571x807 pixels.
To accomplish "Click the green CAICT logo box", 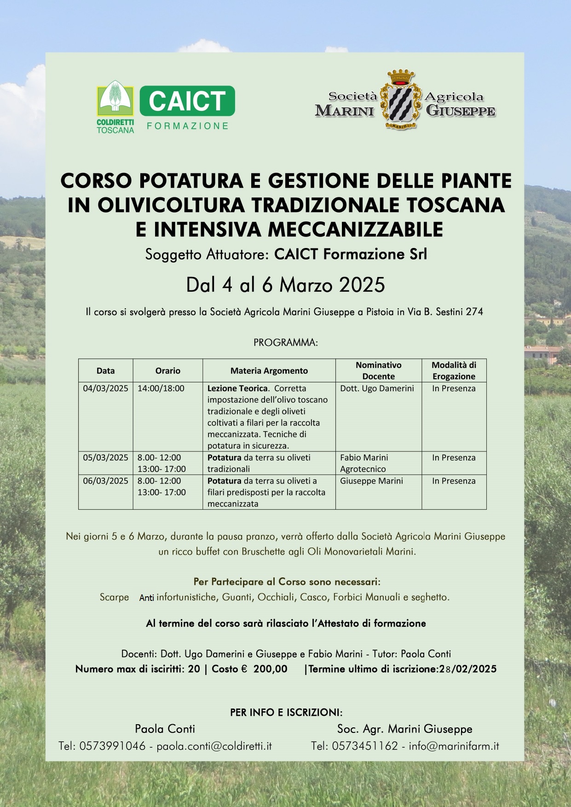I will (x=187, y=101).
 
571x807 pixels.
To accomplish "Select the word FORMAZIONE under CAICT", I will (x=188, y=126).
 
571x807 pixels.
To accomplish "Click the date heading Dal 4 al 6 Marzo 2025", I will (x=285, y=285).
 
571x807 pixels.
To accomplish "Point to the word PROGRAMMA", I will (x=285, y=343).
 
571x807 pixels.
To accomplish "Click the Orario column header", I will (x=167, y=370).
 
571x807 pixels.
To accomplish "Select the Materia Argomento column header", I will (x=269, y=370).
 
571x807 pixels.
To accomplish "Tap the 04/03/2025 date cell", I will (x=105, y=388).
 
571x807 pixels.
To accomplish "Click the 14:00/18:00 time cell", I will (x=161, y=388).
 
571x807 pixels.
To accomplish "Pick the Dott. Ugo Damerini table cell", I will (x=377, y=388).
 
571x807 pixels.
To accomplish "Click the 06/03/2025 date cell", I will (x=105, y=481).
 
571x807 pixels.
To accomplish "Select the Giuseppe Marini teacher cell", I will (x=371, y=481).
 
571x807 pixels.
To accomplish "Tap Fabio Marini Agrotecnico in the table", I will (x=363, y=463).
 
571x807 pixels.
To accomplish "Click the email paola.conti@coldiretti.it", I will (x=214, y=746).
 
